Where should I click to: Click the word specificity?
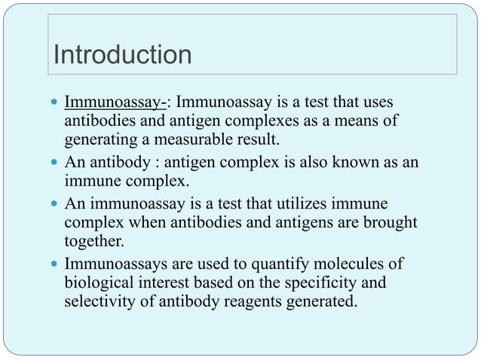pos(331,285)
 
